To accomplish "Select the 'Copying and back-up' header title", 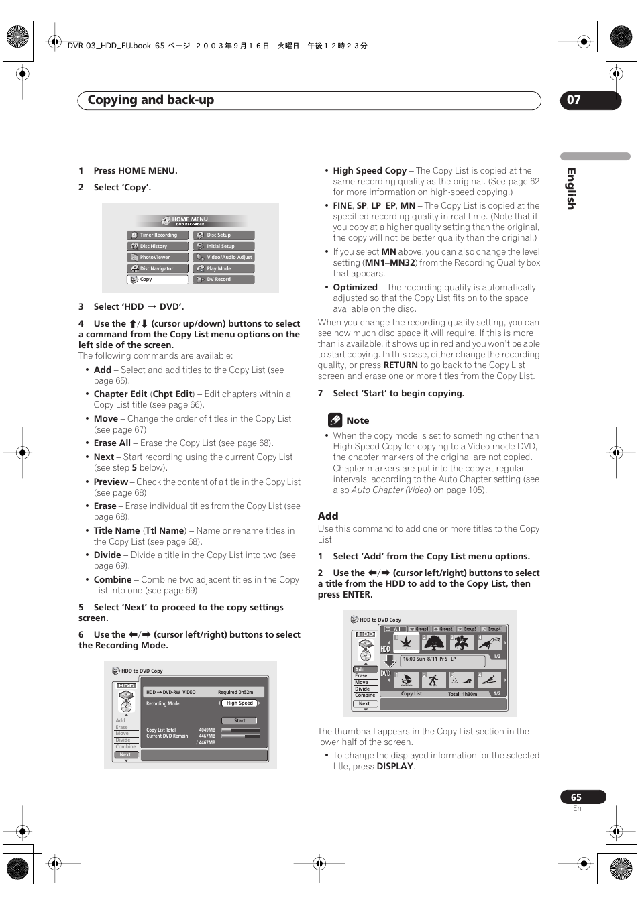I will coord(151,100).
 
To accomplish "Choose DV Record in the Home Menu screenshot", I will coord(224,280).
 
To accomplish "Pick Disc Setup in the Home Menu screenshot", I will coord(224,235).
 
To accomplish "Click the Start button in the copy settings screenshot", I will coord(239,720).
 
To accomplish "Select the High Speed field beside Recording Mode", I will coord(239,703).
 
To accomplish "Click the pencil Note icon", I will coord(335,420).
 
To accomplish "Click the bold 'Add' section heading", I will coord(328,516).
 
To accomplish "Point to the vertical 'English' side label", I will coord(571,188).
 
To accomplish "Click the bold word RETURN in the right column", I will coord(401,365).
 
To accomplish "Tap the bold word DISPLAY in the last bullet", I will coord(394,766).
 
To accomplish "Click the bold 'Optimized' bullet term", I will coord(355,287).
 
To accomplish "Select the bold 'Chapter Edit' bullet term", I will coord(120,394).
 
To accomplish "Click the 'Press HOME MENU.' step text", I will coord(136,170).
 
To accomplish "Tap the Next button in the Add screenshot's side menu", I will coord(364,703).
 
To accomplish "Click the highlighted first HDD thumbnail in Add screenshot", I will coord(407,642).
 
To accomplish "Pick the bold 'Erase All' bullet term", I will coord(112,443).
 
